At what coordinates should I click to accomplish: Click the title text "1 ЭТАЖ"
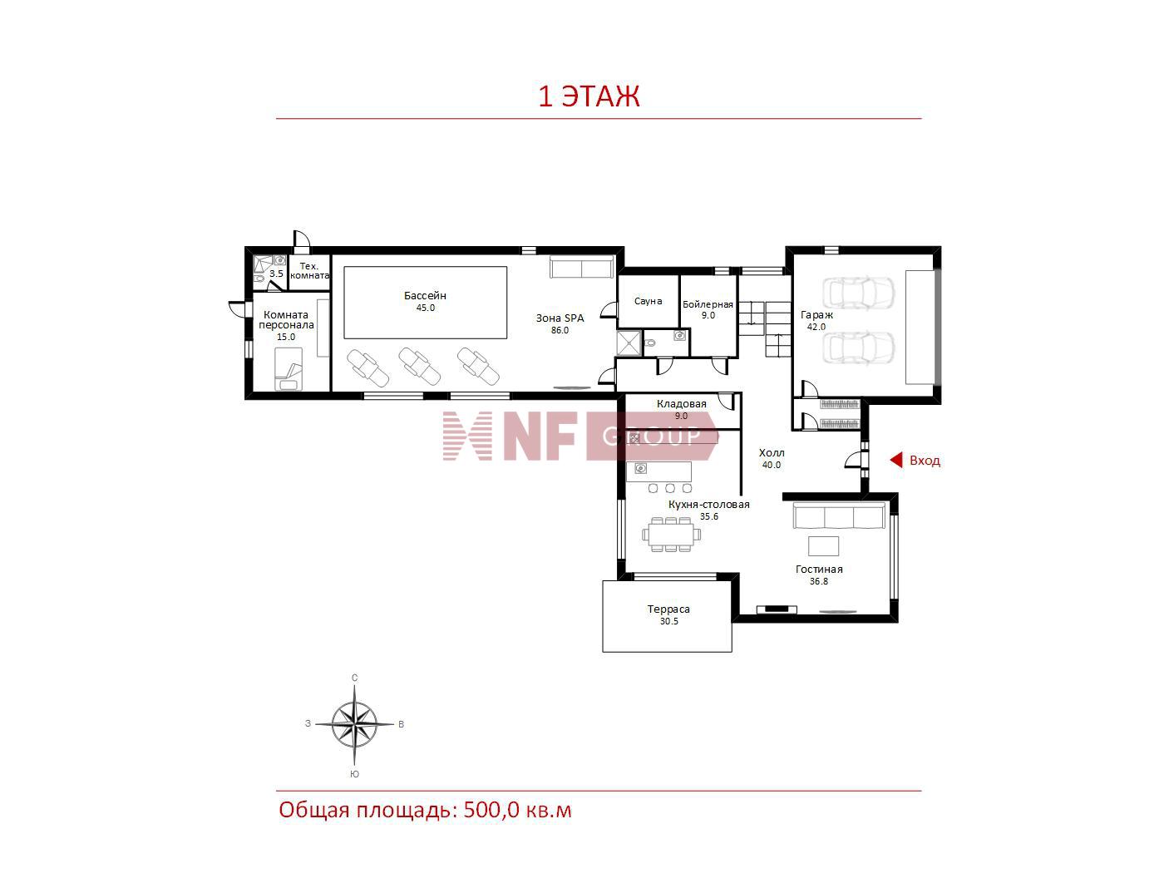(589, 96)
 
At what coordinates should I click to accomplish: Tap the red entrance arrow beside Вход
(896, 460)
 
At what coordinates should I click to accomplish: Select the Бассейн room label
(425, 296)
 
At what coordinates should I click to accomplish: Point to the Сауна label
(648, 301)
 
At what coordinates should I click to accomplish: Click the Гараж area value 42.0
(816, 327)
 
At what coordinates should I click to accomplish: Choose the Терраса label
(668, 609)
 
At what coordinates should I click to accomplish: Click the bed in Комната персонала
(289, 369)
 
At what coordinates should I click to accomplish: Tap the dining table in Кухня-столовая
(671, 535)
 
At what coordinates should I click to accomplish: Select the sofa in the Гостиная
(839, 515)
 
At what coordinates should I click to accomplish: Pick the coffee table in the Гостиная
(823, 546)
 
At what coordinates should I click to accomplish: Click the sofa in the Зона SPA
(582, 267)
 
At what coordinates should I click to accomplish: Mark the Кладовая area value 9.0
(682, 416)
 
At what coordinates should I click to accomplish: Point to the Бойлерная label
(708, 304)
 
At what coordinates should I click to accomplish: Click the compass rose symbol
(355, 724)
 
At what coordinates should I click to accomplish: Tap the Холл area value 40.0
(772, 465)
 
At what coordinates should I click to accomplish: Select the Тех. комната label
(309, 271)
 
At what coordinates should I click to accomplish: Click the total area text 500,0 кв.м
(518, 810)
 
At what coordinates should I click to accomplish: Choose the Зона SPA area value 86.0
(560, 330)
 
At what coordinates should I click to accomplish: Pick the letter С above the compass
(355, 678)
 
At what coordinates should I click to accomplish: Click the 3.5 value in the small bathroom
(276, 274)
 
